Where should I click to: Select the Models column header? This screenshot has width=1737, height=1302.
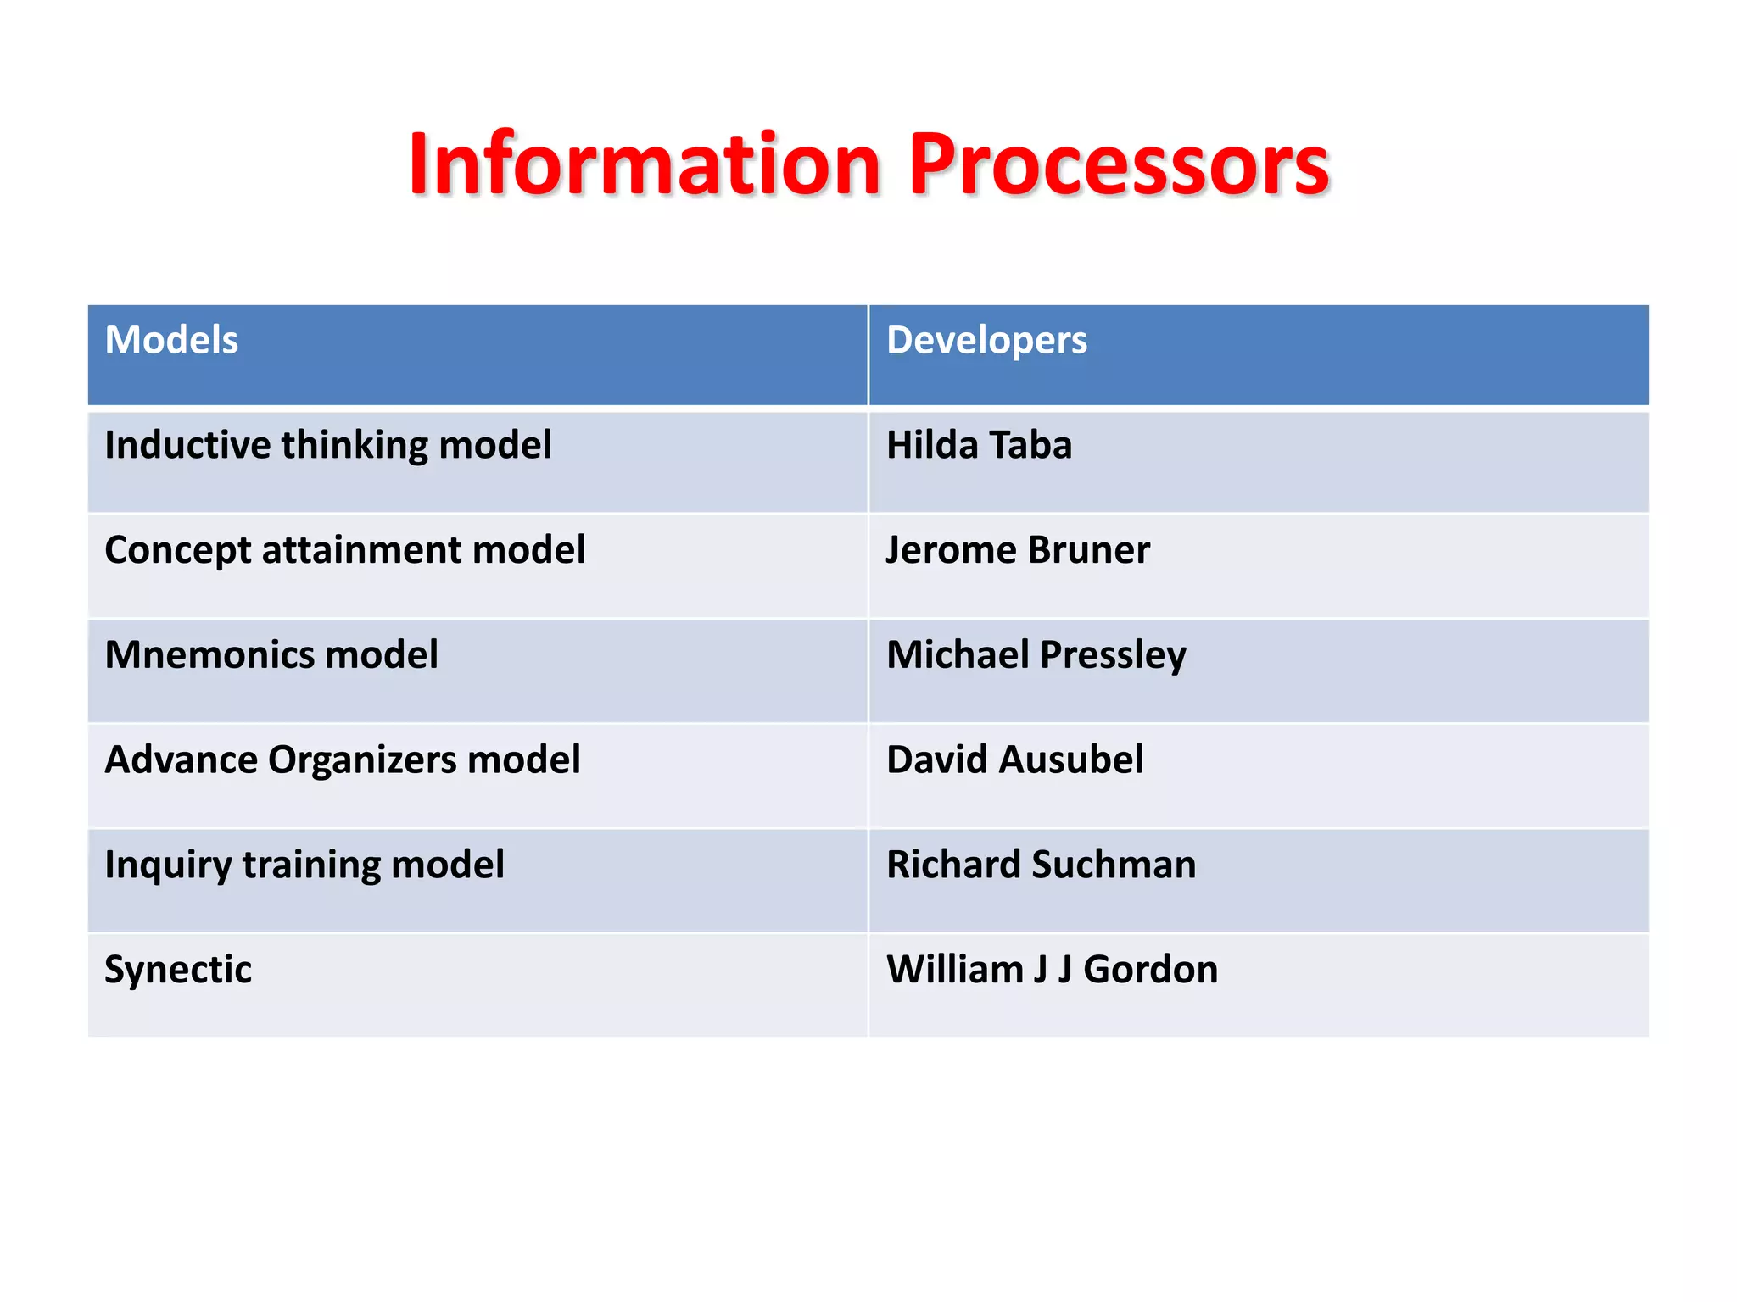tap(171, 340)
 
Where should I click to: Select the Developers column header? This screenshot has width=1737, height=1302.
tap(986, 340)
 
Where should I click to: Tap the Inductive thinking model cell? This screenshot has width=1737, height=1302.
tap(327, 445)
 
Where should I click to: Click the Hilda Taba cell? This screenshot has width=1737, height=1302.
tap(979, 445)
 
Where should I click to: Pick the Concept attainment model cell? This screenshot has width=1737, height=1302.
tap(344, 550)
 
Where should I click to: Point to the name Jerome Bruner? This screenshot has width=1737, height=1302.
tap(1018, 550)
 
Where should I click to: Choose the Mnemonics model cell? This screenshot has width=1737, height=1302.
tap(271, 654)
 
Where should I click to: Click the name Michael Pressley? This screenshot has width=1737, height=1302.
tap(1036, 654)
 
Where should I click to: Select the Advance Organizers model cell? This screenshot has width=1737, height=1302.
tap(342, 759)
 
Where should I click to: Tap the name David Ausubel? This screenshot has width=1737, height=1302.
tap(1014, 759)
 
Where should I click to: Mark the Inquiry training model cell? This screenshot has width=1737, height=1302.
tap(304, 865)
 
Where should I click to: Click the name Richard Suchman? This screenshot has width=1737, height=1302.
tap(1041, 865)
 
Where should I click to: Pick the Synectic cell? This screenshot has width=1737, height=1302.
tap(178, 970)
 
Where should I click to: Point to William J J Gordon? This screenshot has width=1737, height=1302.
tap(1052, 970)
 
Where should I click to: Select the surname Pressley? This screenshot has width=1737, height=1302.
tap(1113, 656)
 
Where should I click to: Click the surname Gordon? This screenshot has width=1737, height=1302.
tap(1150, 970)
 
